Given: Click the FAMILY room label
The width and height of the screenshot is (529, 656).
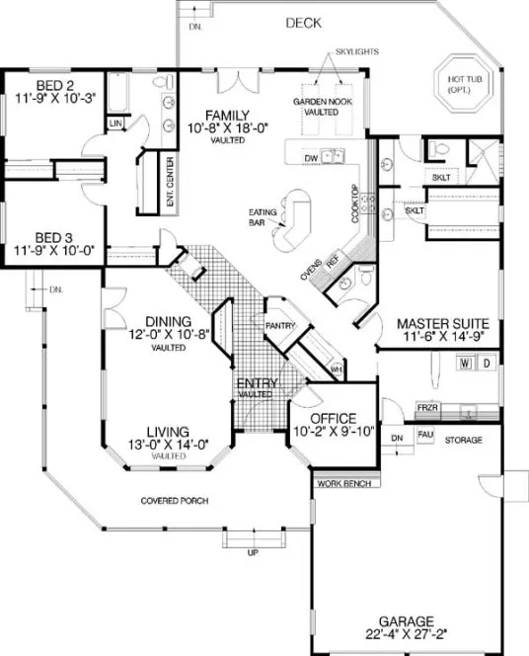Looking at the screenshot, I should (x=225, y=115).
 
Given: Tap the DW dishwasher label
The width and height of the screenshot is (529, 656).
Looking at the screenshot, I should (x=310, y=157).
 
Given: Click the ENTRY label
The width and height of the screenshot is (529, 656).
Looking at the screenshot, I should (x=256, y=382).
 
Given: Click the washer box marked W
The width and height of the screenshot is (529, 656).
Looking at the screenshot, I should (x=463, y=364).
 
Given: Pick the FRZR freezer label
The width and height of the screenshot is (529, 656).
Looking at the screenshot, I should (x=426, y=406).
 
